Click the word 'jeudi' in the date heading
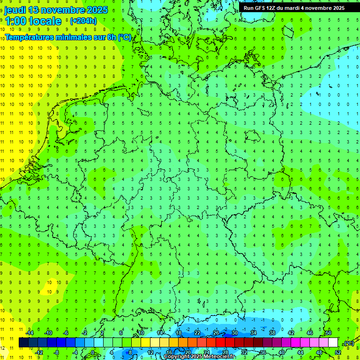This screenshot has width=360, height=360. pyautogui.click(x=15, y=9)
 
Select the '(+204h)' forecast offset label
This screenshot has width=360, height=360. pyautogui.click(x=83, y=21)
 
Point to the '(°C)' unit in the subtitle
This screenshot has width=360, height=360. pyautogui.click(x=125, y=37)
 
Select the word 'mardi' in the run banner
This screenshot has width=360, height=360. pyautogui.click(x=300, y=8)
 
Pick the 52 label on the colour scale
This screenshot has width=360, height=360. pyautogui.click(x=337, y=352)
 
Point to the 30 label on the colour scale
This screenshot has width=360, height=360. pyautogui.click(x=234, y=333)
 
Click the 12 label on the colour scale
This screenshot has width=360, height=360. pyautogui.click(x=150, y=352)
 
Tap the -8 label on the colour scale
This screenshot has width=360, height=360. pyautogui.click(x=57, y=352)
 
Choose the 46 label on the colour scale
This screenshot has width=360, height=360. pyautogui.click(x=309, y=333)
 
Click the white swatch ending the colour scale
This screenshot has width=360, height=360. pyautogui.click(x=333, y=343)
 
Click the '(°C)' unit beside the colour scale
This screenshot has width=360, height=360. pyautogui.click(x=349, y=343)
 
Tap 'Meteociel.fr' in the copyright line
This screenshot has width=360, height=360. pyautogui.click(x=219, y=357)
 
